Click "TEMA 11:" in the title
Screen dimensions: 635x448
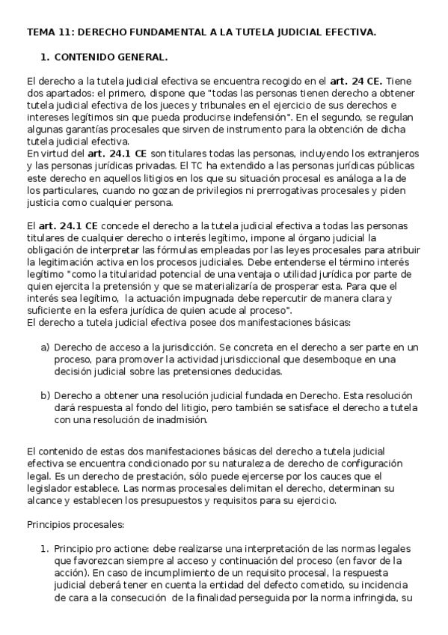49,33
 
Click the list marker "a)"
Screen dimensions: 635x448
46,347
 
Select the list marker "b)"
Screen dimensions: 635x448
46,395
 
